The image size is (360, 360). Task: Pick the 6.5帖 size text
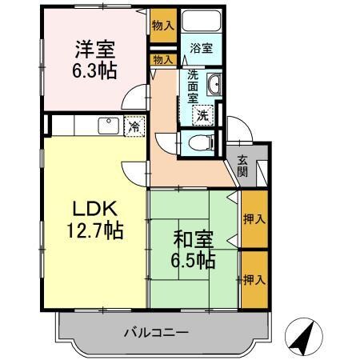[x=194, y=260]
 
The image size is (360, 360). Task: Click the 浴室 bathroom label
[x=201, y=49]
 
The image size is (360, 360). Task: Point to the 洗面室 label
[x=194, y=86]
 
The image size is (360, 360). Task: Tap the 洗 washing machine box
[x=204, y=115]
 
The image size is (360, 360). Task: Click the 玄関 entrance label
[x=242, y=166]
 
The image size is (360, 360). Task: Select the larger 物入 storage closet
[x=162, y=26]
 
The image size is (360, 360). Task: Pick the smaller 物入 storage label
[x=162, y=59]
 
